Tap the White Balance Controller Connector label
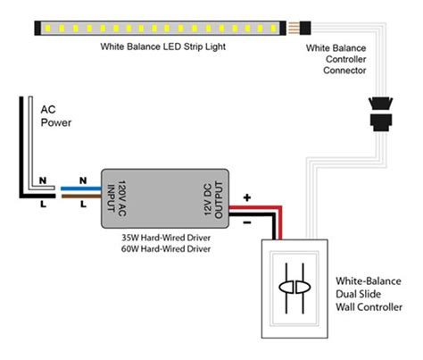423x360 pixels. [336, 58]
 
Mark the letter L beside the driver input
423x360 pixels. [83, 205]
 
